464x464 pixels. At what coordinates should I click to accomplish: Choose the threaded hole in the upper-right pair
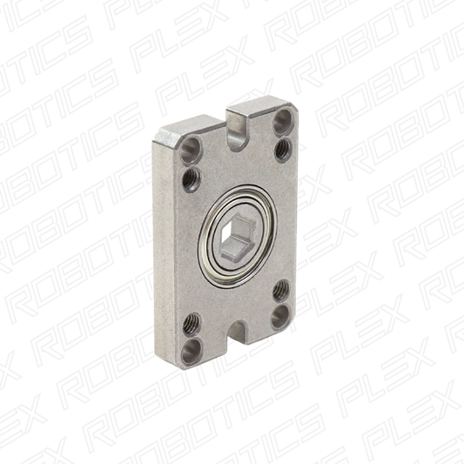click(x=282, y=149)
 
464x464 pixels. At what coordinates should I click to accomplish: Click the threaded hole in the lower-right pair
click(x=281, y=290)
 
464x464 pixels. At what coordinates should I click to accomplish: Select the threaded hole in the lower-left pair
click(x=190, y=322)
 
